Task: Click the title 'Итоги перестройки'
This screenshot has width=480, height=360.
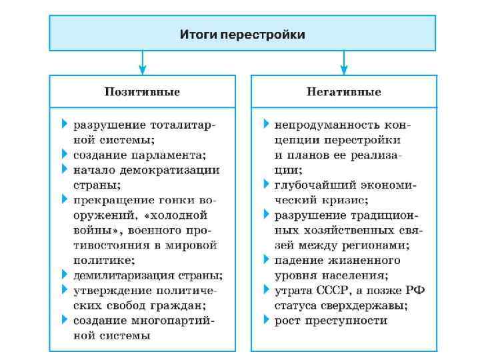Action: pos(242,34)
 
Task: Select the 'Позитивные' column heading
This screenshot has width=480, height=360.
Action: pos(141,91)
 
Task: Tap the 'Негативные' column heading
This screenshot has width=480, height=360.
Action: pos(343,91)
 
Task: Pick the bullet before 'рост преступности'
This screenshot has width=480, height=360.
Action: pos(267,320)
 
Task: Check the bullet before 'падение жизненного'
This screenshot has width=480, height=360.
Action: pos(267,260)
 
